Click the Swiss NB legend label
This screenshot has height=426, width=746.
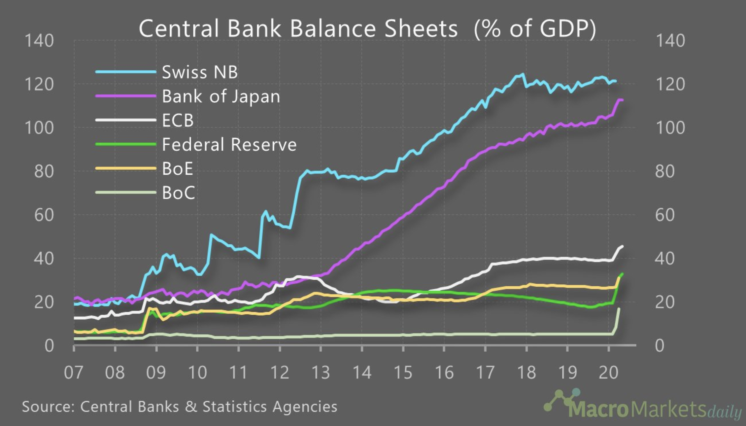pos(200,72)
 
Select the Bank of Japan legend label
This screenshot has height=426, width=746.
pos(221,96)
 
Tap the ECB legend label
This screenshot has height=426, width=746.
pos(178,120)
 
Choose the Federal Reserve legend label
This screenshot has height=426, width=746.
pos(229,145)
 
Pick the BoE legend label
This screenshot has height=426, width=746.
pos(177,169)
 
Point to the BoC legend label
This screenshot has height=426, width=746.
pos(178,193)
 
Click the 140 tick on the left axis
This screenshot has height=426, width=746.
pos(39,41)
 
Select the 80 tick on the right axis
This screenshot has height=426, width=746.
pos(665,172)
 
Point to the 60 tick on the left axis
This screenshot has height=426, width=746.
pos(44,215)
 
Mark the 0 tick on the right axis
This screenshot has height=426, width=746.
pos(660,346)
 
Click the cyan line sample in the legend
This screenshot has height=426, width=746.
pos(125,72)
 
